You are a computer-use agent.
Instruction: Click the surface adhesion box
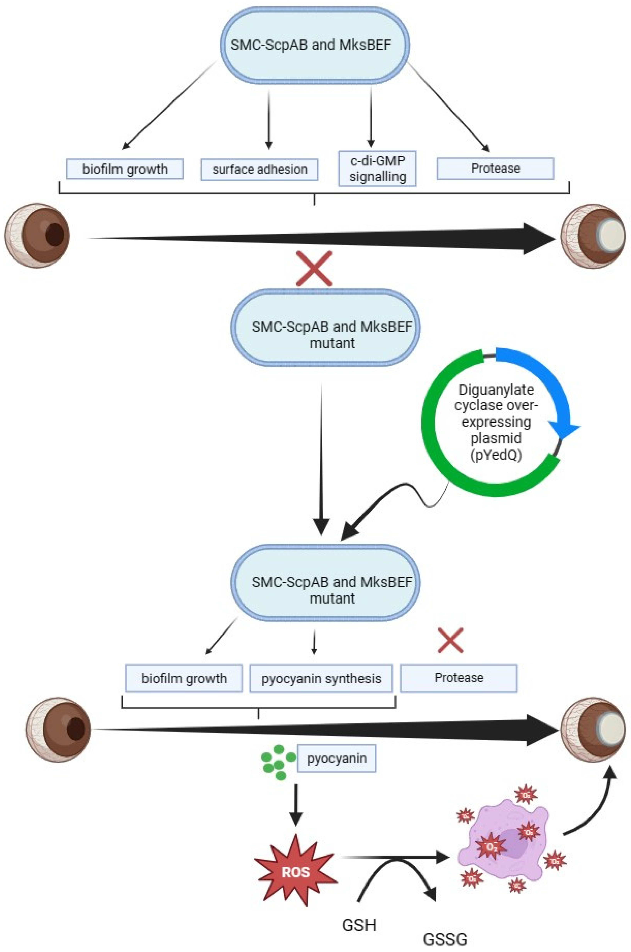point(260,169)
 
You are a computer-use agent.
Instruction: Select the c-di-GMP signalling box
point(377,169)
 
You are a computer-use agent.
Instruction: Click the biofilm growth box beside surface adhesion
point(125,169)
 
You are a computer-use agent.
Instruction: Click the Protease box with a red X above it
point(458,678)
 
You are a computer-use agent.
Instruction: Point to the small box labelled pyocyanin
point(336,759)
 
